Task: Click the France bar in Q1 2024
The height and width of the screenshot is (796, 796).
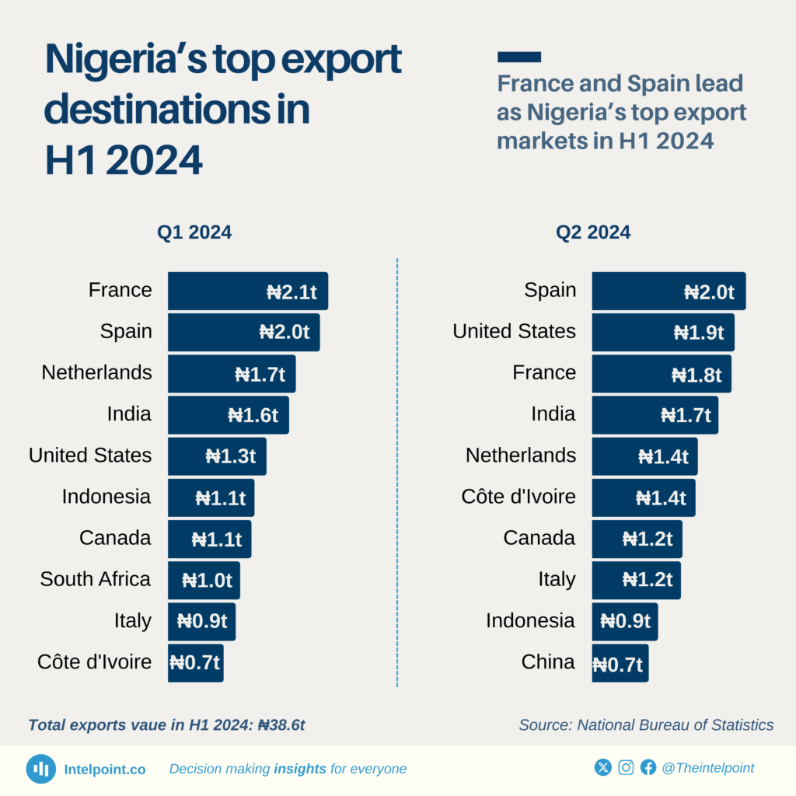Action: [x=247, y=292]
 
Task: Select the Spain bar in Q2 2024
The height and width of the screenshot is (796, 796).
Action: [x=669, y=292]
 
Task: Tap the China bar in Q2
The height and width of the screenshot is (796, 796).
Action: [x=620, y=663]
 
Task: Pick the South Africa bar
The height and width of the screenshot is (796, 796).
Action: [x=204, y=580]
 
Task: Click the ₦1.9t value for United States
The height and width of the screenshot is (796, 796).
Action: [x=698, y=333]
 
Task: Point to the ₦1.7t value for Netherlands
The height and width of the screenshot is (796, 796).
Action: [x=260, y=375]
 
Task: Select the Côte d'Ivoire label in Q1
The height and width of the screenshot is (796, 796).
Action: [x=94, y=662]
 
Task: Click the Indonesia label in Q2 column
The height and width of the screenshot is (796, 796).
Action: [x=530, y=620]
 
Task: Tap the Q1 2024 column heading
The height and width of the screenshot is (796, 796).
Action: [x=194, y=232]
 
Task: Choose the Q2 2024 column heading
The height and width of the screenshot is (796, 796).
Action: [x=592, y=232]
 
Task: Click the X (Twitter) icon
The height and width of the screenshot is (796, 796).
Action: [x=602, y=768]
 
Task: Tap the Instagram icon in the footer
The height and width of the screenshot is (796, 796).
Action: [x=626, y=768]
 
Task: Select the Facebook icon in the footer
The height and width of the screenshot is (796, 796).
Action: [x=648, y=768]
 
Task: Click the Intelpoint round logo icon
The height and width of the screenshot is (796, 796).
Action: [x=41, y=769]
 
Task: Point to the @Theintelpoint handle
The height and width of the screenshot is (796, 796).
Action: [x=707, y=768]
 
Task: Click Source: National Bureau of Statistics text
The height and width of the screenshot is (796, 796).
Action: [x=646, y=725]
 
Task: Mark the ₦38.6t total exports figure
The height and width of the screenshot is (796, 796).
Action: [x=281, y=725]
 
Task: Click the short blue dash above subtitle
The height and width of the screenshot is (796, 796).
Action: [x=518, y=57]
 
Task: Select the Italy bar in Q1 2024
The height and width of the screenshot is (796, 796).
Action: [x=201, y=621]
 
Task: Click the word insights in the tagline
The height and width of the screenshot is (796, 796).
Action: [x=299, y=769]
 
